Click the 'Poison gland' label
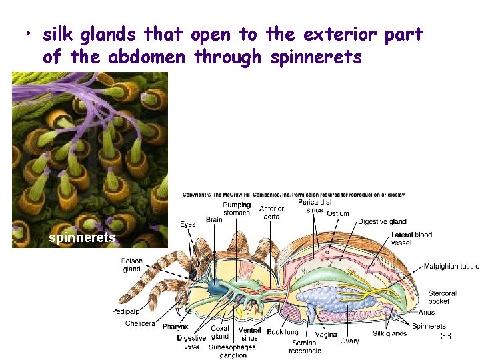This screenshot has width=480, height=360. point(131,265)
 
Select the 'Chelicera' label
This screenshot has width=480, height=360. point(140,323)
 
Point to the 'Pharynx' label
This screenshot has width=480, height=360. point(175,327)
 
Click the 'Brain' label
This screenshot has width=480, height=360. point(214,219)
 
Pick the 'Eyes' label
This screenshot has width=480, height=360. point(188,224)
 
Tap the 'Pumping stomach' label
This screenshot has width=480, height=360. point(237,209)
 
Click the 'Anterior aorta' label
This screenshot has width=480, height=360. point(271,212)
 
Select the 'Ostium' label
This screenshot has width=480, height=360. point(338,213)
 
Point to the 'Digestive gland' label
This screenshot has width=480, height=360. point(382,221)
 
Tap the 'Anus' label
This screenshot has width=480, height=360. point(427,312)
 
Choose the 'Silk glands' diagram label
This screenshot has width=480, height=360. point(389,333)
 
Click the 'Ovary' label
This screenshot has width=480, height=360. point(349,341)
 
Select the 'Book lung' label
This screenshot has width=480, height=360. point(282,331)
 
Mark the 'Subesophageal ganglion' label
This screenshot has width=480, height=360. point(233,351)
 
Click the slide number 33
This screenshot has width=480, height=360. point(446,337)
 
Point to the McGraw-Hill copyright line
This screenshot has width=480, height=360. point(294,195)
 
